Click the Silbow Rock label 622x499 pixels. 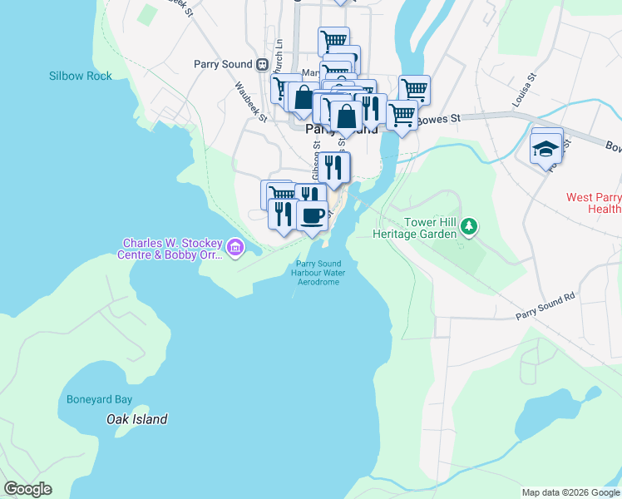(x=80, y=76)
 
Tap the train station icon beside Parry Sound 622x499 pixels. (x=262, y=64)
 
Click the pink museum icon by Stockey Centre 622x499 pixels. (x=235, y=247)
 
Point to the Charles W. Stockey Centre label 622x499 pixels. (x=172, y=249)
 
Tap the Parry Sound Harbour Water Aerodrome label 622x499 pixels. (x=318, y=274)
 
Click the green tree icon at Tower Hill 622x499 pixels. (x=470, y=226)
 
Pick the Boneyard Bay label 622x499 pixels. (x=100, y=399)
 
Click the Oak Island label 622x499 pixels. (x=137, y=419)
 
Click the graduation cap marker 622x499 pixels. (x=546, y=149)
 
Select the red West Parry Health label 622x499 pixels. (x=593, y=203)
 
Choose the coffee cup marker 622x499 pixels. (x=313, y=215)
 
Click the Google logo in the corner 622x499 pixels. (x=27, y=489)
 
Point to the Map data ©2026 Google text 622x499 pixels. (x=570, y=492)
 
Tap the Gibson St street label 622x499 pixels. (x=316, y=161)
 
